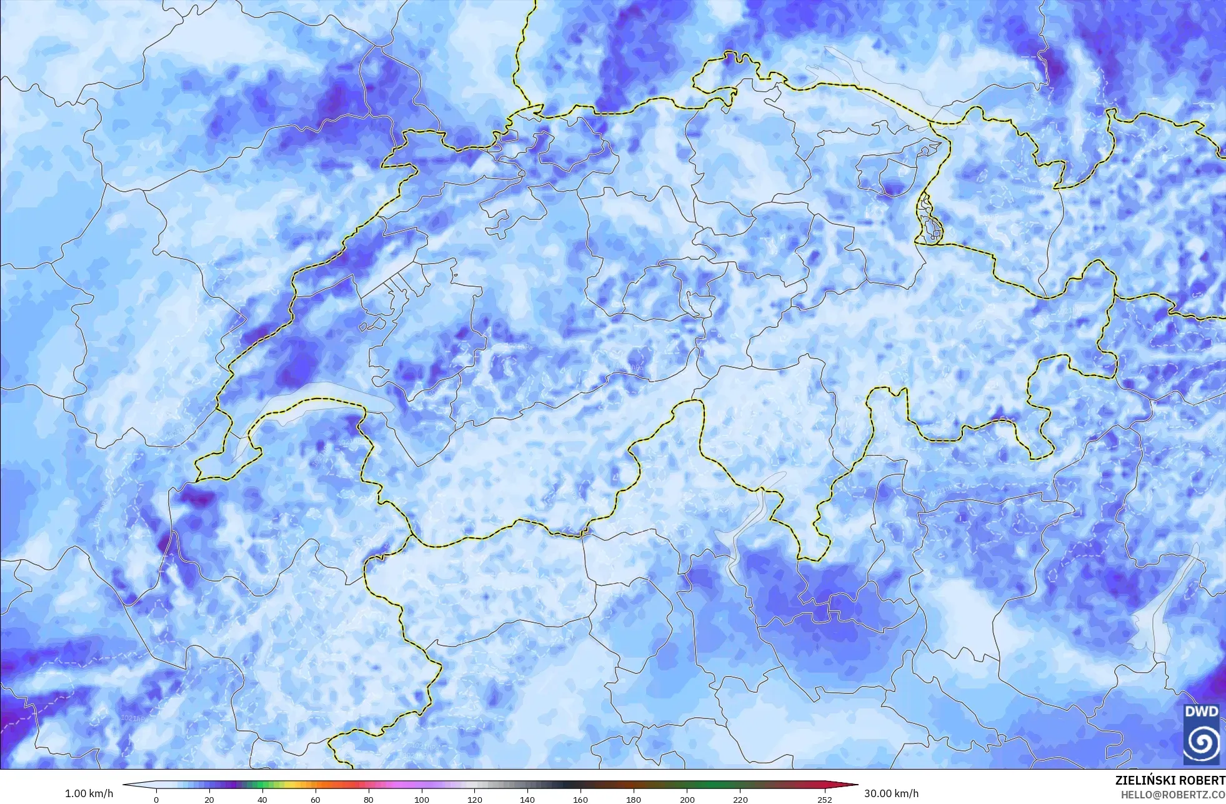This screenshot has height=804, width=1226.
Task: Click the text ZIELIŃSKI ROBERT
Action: click(x=1170, y=781)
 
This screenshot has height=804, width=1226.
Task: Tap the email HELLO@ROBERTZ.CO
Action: click(x=1172, y=794)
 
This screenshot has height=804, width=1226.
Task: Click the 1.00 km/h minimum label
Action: click(x=89, y=793)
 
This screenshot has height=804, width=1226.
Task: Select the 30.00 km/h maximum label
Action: click(x=891, y=793)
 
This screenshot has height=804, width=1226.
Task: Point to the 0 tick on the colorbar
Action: click(x=156, y=799)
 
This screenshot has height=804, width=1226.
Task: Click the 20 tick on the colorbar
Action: click(x=209, y=799)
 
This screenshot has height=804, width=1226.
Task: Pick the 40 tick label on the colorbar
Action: click(x=262, y=799)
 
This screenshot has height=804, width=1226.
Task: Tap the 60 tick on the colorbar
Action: click(x=316, y=799)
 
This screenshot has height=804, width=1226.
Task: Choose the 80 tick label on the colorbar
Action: click(x=369, y=799)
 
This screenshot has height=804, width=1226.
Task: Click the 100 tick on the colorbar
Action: click(x=422, y=799)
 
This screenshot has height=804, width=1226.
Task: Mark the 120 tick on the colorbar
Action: click(x=475, y=799)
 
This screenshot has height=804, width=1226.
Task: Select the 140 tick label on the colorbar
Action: click(x=528, y=799)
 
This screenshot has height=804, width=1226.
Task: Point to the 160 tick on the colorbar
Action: click(x=581, y=799)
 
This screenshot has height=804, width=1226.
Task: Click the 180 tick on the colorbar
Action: click(x=634, y=799)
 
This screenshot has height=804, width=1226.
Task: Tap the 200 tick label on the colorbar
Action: click(x=687, y=799)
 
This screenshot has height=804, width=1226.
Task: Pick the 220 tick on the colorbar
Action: click(x=740, y=799)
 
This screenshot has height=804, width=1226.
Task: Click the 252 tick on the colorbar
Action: click(x=825, y=799)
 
